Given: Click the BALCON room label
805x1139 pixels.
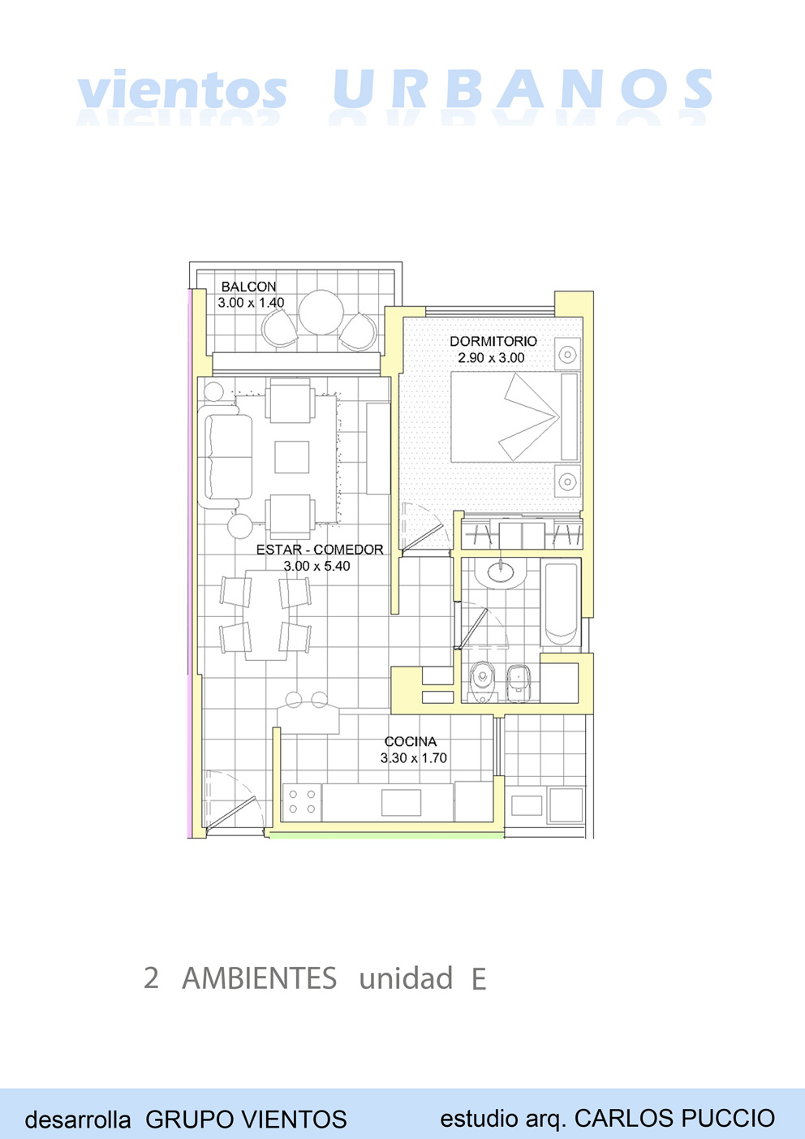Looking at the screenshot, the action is point(248,287).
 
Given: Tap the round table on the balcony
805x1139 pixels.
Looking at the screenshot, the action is point(321,313).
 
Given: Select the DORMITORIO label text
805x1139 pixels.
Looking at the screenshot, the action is point(493,341).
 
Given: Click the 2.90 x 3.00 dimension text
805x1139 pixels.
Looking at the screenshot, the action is point(491,357).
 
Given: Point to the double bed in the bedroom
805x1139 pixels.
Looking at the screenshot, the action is point(515,417).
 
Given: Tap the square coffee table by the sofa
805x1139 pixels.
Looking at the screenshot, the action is point(291,457).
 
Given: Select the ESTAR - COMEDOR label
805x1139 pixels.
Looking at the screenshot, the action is point(320,550).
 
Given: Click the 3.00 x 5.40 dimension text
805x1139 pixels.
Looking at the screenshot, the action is point(316,566).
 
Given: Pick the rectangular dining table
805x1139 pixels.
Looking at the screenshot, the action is point(266,615).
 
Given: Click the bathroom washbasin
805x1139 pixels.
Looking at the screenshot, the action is point(500,573).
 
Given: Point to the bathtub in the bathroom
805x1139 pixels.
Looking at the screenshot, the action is point(561,603).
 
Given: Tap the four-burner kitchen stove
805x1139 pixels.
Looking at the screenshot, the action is point(302,802).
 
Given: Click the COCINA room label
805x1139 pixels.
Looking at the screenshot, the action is point(410,742).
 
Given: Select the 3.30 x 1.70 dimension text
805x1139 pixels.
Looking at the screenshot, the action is point(414,758).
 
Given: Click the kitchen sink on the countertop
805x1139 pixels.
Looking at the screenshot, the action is point(401,802).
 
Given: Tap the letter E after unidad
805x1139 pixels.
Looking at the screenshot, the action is point(479,979).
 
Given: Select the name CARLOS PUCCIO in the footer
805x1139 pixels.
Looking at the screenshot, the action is point(674,1118).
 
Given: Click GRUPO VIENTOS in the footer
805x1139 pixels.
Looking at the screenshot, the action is point(246,1120).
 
